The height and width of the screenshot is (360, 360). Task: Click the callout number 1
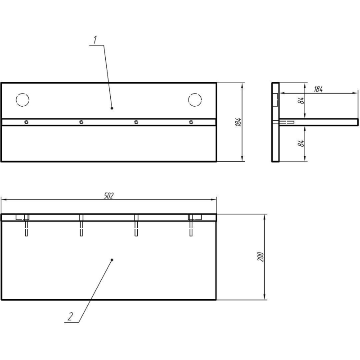point(95,40)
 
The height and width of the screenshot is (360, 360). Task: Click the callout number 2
point(71,316)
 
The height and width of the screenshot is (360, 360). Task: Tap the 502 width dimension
point(109,196)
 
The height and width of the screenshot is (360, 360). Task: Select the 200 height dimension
point(261,256)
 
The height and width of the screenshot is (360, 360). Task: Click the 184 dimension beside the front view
point(238,122)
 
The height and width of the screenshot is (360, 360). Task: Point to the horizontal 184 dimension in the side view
point(318,89)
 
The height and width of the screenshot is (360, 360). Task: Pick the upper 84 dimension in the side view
point(301,100)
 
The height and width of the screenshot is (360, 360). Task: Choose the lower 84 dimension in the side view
point(301,144)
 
